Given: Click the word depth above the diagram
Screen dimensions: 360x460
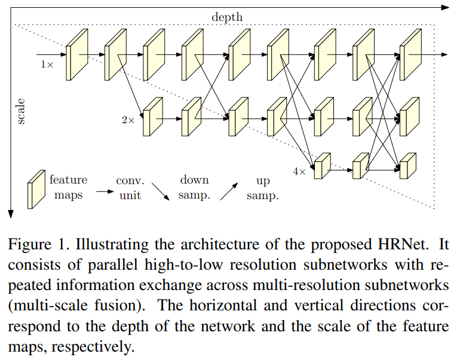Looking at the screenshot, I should point(227,17).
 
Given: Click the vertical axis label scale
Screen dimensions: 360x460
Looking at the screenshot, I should point(21,112).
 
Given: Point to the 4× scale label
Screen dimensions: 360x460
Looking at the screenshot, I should point(299,171).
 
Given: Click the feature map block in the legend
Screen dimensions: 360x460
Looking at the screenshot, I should point(36,188).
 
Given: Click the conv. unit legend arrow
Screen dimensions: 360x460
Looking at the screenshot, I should point(105,192).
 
